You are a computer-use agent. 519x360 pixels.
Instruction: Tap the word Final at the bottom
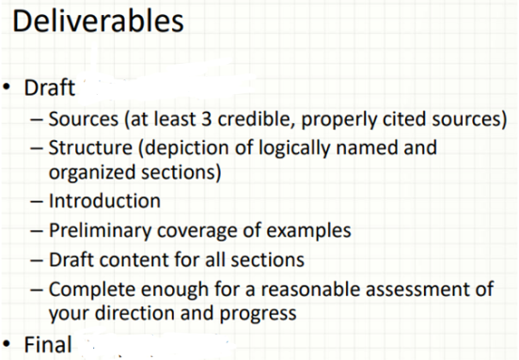(x=48, y=345)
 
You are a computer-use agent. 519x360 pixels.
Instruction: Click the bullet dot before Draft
(x=9, y=92)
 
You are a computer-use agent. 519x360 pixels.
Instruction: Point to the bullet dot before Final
(x=9, y=345)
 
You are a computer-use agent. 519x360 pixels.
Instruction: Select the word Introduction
(x=104, y=201)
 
